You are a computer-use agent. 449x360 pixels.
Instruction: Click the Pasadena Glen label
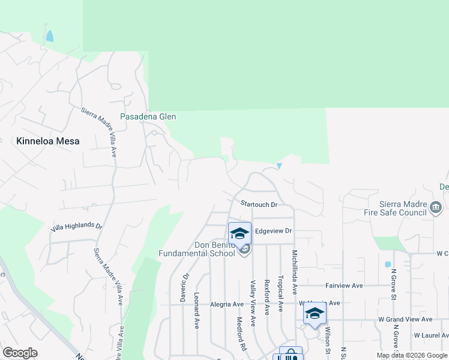[x=148, y=116]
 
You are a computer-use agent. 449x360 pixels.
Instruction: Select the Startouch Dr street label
[x=258, y=205]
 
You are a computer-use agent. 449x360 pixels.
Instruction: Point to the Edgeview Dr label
[x=273, y=230]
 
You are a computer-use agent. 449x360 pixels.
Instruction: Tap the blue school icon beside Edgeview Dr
[x=240, y=233]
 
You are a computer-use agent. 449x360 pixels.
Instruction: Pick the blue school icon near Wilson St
[x=315, y=313]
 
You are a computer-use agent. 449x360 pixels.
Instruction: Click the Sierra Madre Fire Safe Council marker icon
[x=436, y=208]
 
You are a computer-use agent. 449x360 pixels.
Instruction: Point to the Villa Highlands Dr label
[x=76, y=227]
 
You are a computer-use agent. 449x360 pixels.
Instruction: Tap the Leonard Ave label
[x=196, y=311]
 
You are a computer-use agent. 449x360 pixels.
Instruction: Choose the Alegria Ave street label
[x=226, y=304]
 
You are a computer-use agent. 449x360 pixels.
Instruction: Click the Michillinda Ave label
[x=295, y=272]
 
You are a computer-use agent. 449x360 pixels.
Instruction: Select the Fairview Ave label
[x=345, y=286]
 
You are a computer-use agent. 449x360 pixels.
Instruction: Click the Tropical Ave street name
[x=280, y=295]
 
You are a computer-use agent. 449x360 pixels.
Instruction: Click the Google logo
[x=20, y=353]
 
